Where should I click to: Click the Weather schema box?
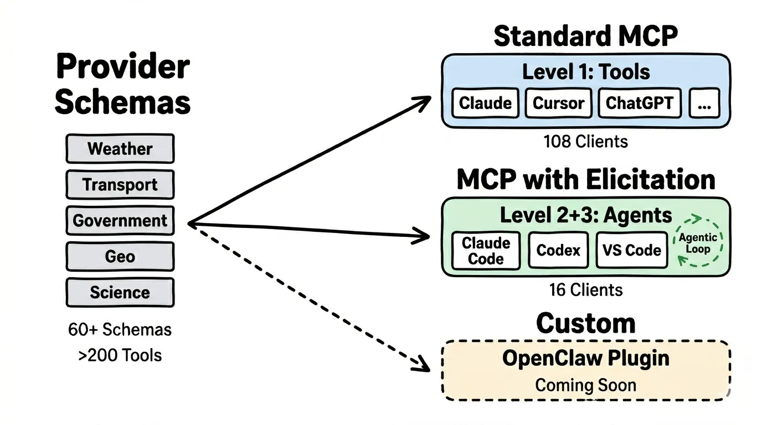pyautogui.click(x=120, y=149)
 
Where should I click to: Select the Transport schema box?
pyautogui.click(x=120, y=185)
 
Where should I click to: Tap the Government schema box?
pyautogui.click(x=120, y=220)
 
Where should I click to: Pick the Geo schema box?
pyautogui.click(x=120, y=256)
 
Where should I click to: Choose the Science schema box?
pyautogui.click(x=120, y=292)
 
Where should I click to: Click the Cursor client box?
pyautogui.click(x=558, y=103)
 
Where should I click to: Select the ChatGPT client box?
pyautogui.click(x=639, y=103)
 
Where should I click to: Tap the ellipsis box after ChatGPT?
pyautogui.click(x=704, y=103)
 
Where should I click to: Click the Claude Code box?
pyautogui.click(x=486, y=251)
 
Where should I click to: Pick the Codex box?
pyautogui.click(x=558, y=250)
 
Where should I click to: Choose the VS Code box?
pyautogui.click(x=632, y=250)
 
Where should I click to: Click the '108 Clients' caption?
pyautogui.click(x=586, y=142)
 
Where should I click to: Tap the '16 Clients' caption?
pyautogui.click(x=586, y=289)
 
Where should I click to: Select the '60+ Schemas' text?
pyautogui.click(x=120, y=330)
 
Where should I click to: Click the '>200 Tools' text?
pyautogui.click(x=120, y=354)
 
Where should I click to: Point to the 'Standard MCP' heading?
pyautogui.click(x=585, y=37)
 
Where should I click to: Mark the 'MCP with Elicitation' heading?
pyautogui.click(x=585, y=180)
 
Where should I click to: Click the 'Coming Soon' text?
pyautogui.click(x=585, y=385)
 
